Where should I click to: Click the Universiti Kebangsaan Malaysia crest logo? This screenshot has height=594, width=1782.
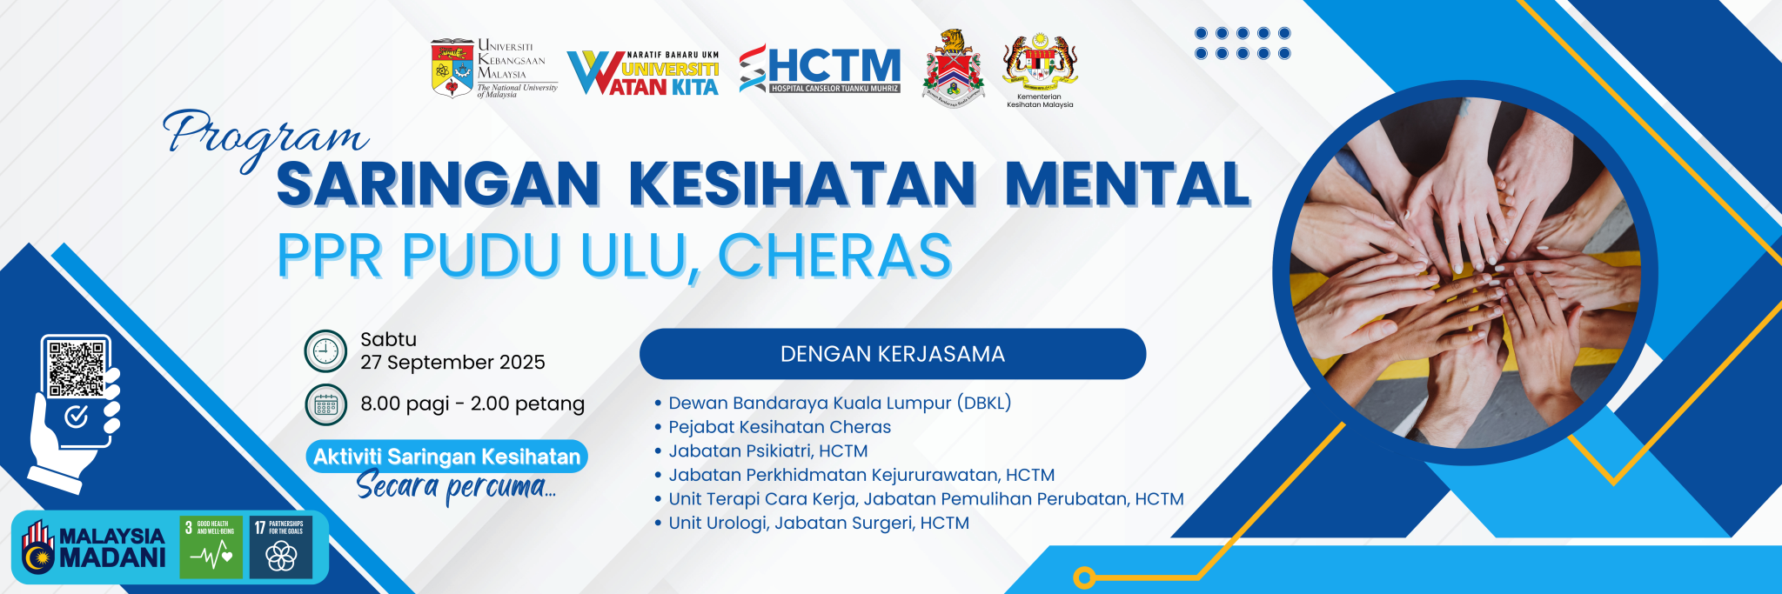pos(452,68)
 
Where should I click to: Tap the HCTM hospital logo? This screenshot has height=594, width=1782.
pos(820,69)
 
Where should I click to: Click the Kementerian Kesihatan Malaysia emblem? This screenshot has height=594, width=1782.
pos(1040,63)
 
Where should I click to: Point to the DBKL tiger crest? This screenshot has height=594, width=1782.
pos(953,68)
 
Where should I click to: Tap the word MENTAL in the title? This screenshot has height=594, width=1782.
pos(1127,184)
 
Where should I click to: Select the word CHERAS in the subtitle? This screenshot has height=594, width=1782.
pos(834,256)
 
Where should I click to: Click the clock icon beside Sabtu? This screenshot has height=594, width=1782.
pos(325,351)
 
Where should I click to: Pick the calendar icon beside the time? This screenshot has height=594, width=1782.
pos(325,404)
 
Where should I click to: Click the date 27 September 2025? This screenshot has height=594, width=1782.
pos(452,363)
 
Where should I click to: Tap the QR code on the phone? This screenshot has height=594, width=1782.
pos(77,368)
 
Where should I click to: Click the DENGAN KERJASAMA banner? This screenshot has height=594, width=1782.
pos(892,354)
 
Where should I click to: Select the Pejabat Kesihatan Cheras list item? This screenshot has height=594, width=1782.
pos(779,427)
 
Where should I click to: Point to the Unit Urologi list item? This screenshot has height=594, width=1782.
pos(818,523)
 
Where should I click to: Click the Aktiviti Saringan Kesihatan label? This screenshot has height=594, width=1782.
pos(446,457)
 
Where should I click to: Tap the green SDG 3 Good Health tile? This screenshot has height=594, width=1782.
pos(211,548)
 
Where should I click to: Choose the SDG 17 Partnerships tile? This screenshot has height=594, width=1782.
pos(280,548)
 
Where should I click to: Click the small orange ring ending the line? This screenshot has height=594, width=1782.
pos(1084,577)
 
